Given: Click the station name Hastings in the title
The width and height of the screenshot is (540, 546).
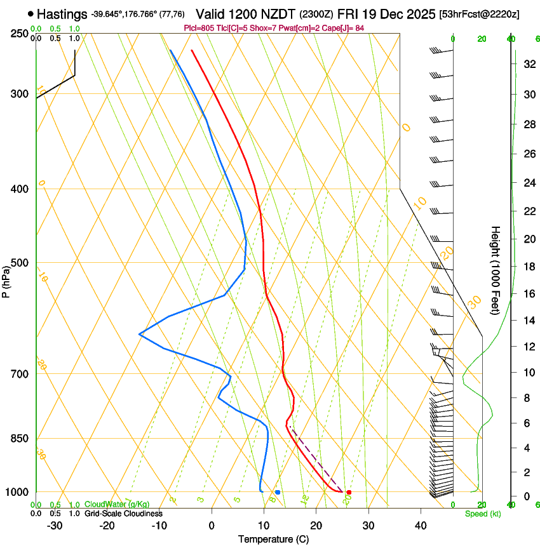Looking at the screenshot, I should click(62, 14).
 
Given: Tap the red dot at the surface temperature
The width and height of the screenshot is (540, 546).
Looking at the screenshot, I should click(349, 492).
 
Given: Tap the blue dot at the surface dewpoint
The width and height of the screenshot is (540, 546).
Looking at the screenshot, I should click(278, 492).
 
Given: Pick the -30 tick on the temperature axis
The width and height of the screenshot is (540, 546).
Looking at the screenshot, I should click(55, 526).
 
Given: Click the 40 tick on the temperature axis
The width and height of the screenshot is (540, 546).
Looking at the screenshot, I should click(420, 526).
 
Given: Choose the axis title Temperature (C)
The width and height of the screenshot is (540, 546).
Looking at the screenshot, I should click(273, 539).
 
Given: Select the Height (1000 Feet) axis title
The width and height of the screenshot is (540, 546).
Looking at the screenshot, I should click(496, 270).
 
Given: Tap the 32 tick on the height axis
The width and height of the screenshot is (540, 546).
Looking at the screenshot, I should click(528, 63).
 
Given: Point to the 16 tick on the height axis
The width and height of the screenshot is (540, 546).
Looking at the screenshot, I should click(528, 294).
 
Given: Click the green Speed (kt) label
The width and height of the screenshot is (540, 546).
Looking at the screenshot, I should click(482, 514).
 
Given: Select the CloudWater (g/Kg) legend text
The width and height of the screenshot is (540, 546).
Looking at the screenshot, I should click(117, 505).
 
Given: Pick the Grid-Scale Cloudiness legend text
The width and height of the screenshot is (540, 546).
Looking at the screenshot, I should click(123, 514).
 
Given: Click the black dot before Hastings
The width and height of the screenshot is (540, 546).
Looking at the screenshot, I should click(30, 13).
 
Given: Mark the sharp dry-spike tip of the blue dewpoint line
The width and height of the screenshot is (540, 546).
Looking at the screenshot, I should click(140, 333).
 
